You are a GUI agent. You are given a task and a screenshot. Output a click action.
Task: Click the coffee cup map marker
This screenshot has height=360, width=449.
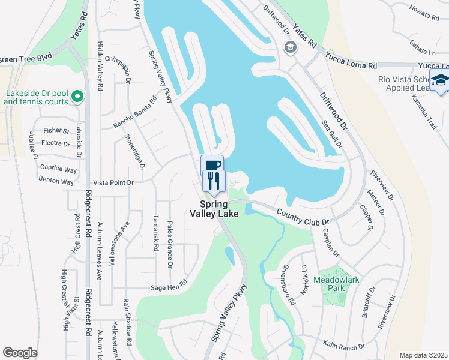[212, 164]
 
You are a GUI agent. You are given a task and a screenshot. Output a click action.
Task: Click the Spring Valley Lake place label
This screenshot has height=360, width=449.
[214, 208]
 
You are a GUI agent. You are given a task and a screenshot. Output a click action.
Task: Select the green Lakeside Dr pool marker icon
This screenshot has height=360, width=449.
[77, 95]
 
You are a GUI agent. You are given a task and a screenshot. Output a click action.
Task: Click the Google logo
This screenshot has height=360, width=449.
[20, 352]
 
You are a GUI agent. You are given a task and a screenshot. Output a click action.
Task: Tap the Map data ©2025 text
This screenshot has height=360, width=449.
[423, 355]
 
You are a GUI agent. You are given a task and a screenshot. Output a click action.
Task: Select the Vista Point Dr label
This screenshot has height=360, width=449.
[115, 182]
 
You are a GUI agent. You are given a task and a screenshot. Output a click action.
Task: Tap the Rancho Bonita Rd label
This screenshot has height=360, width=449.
[136, 112]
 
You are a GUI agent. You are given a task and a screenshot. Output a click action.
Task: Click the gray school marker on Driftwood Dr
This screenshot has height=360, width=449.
[291, 47]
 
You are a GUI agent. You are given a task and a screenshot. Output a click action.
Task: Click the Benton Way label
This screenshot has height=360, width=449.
[56, 181]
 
